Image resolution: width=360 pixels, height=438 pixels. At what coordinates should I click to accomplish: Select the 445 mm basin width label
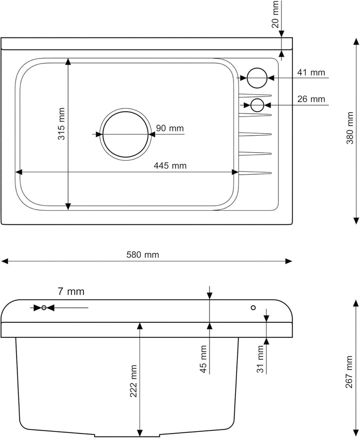[x=170, y=166]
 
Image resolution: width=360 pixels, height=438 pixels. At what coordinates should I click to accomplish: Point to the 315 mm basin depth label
[x=61, y=123]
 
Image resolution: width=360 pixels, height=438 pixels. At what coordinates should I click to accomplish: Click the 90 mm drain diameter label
[x=170, y=128]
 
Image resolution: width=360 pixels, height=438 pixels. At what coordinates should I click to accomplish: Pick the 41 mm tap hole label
[x=311, y=73]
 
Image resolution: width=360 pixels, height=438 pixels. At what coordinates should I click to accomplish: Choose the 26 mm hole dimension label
[x=311, y=99]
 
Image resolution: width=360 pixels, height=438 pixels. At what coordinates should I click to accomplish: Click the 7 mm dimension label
[x=71, y=291]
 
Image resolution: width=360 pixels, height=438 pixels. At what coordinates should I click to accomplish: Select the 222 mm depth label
[x=133, y=381]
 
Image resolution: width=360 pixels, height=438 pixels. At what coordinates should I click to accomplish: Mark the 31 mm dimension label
[x=260, y=358]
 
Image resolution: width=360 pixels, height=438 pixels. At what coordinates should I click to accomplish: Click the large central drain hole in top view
[x=125, y=134]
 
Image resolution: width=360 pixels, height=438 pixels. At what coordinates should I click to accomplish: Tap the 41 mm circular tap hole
[x=257, y=78]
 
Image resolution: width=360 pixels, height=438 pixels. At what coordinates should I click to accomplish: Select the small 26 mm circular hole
[x=257, y=105]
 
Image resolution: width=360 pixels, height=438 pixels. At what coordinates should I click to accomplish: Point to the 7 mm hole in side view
[x=44, y=307]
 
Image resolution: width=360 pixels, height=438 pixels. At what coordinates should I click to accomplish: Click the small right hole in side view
[x=253, y=307]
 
